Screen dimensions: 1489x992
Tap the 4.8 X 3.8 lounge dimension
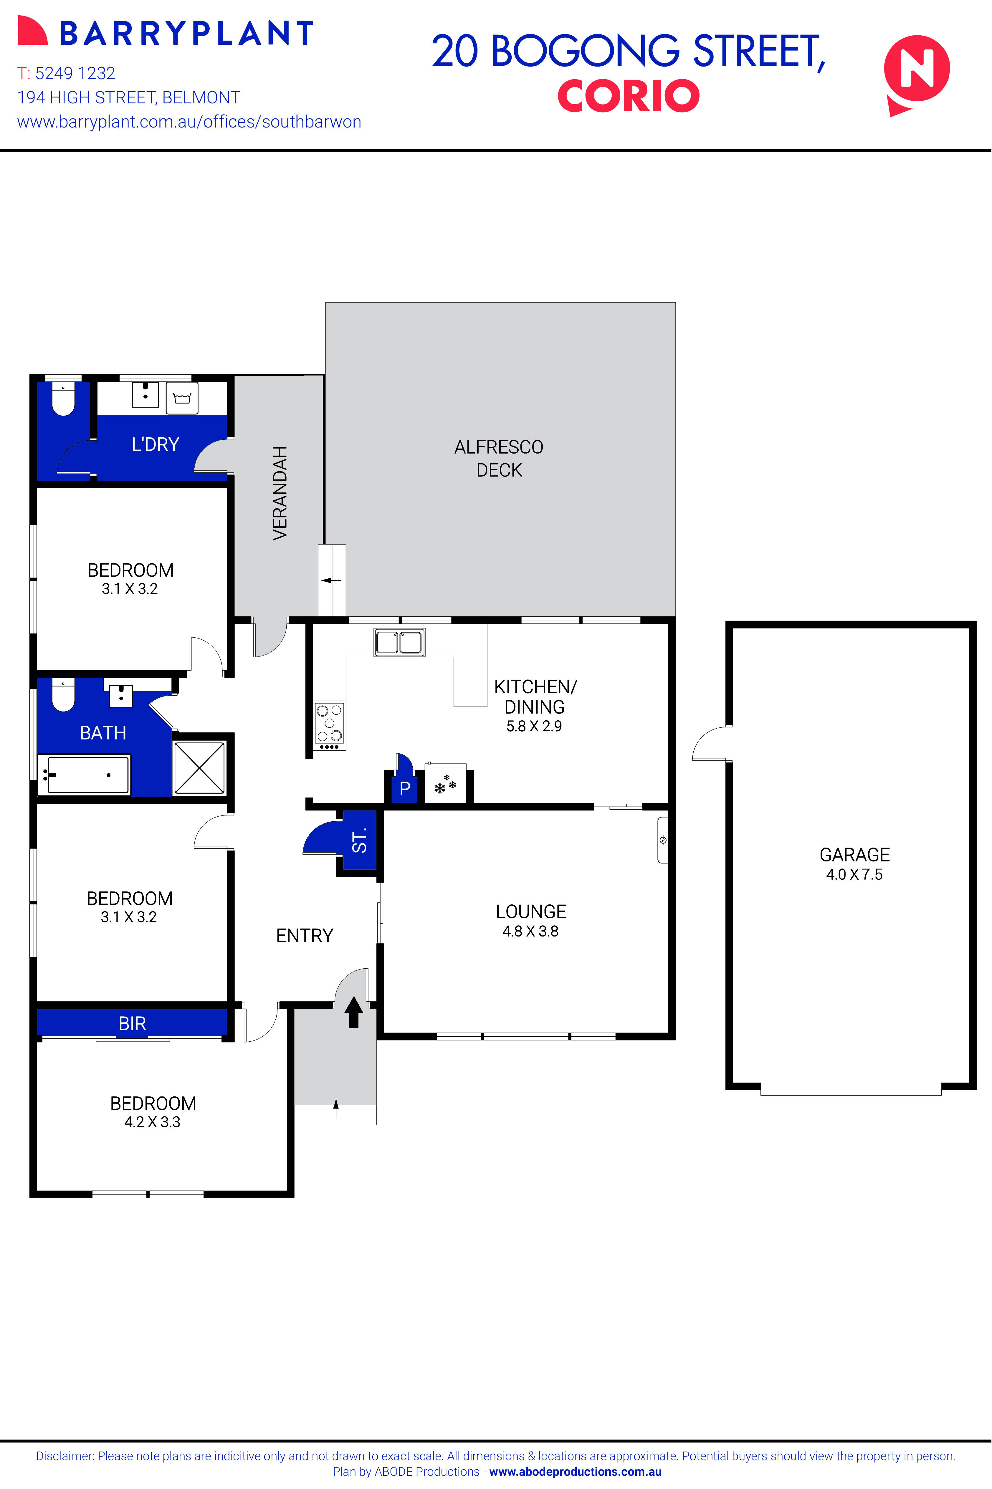(x=530, y=931)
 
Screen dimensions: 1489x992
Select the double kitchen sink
(x=399, y=642)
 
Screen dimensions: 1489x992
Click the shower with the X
(x=199, y=767)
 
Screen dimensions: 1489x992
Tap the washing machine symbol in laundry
(x=182, y=398)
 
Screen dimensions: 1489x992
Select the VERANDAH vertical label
(x=280, y=493)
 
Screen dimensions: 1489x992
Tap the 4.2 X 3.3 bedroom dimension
(x=153, y=1122)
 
